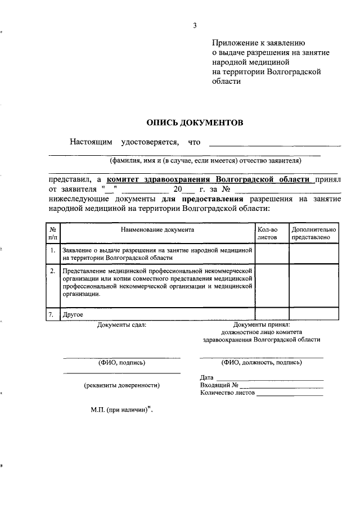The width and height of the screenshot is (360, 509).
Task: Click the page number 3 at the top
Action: [x=195, y=25]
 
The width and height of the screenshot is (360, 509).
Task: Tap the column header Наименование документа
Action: [x=157, y=229]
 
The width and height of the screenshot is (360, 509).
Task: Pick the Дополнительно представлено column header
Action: [x=314, y=233]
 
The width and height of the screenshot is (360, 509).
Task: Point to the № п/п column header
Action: [x=52, y=233]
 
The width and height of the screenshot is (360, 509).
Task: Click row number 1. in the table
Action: [x=52, y=250]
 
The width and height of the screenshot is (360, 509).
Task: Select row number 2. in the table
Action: [x=52, y=271]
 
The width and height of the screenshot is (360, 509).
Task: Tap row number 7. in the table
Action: [x=52, y=315]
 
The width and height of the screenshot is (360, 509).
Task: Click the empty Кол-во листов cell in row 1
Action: [x=272, y=254]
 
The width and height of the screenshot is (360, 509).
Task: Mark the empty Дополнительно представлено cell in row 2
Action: [x=314, y=285]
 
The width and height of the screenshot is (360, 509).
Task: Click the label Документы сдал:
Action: [x=121, y=325]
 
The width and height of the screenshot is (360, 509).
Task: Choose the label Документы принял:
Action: [x=262, y=325]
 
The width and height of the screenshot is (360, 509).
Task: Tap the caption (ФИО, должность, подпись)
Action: [x=262, y=363]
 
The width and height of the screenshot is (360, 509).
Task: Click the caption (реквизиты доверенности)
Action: [x=121, y=386]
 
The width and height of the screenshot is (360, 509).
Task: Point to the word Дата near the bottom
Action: [x=207, y=377]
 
